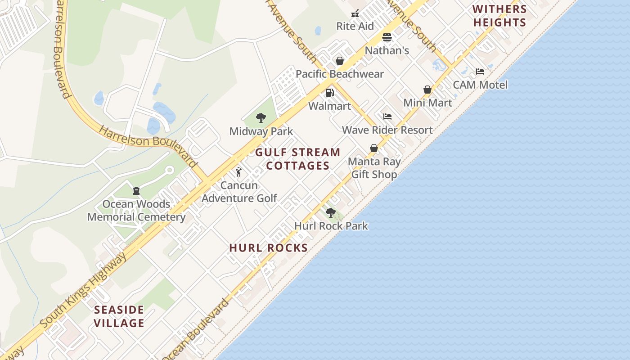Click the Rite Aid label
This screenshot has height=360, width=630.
[x=355, y=26]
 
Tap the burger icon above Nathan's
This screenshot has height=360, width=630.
[x=387, y=37]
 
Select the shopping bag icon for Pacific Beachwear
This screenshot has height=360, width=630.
[x=340, y=61]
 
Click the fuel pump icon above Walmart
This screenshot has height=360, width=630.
[x=330, y=93]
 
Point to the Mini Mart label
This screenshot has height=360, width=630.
[x=427, y=103]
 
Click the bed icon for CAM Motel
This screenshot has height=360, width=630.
[x=480, y=72]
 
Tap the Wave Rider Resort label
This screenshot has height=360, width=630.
[x=387, y=130]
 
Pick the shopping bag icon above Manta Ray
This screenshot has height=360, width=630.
[x=374, y=148]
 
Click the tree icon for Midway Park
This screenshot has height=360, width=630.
[x=261, y=118]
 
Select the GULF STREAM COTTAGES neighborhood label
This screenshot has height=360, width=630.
[x=298, y=159]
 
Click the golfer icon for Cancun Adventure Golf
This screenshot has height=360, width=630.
[x=238, y=172]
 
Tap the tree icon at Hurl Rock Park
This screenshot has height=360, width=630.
[x=331, y=213]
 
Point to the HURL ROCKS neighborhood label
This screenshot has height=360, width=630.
[x=269, y=247]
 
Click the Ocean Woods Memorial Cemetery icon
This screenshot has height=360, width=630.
[x=136, y=191]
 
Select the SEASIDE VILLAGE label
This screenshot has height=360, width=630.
[x=119, y=316]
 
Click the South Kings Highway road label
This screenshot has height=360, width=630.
[x=83, y=290]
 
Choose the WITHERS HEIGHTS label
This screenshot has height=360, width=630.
[x=499, y=16]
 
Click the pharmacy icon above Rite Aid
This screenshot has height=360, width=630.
[x=355, y=13]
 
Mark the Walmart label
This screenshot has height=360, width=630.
[x=330, y=106]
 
